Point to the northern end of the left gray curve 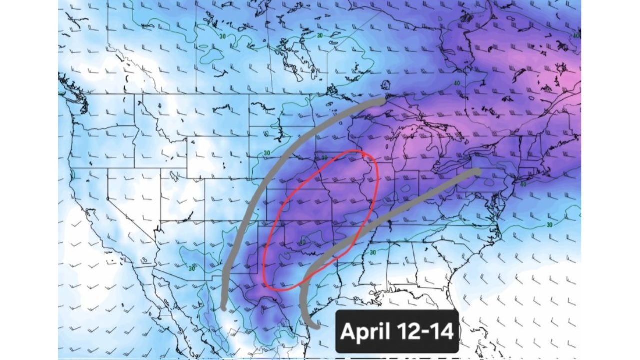pyautogui.click(x=382, y=101)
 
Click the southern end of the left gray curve pyautogui.click(x=224, y=308)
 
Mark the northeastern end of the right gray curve pyautogui.click(x=478, y=171)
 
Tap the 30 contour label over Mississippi pyautogui.click(x=372, y=253)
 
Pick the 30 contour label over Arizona pyautogui.click(x=192, y=268)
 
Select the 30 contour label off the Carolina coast pyautogui.click(x=550, y=224)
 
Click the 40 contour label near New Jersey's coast pyautogui.click(x=523, y=184)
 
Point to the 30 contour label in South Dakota pyautogui.click(x=266, y=153)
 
